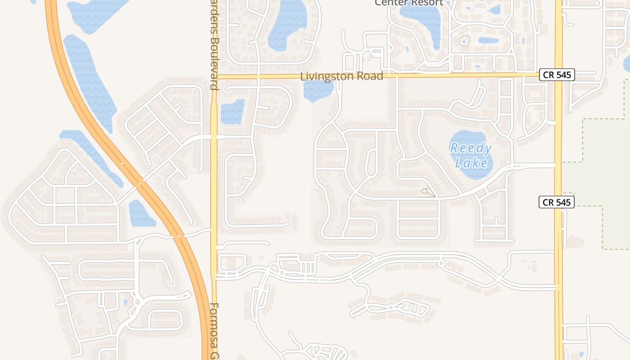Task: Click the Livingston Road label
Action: tap(342, 76)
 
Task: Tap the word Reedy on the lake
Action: tap(471, 148)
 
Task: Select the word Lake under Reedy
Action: tap(471, 162)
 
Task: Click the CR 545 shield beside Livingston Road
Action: tap(557, 75)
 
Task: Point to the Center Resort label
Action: tap(409, 3)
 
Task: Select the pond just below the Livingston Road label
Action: tap(319, 90)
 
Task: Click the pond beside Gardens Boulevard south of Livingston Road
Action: tap(232, 112)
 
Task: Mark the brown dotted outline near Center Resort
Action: tap(464, 41)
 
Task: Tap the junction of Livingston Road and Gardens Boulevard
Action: tap(214, 76)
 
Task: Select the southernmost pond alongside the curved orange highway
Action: tap(141, 214)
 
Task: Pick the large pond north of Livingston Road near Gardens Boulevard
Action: tap(287, 25)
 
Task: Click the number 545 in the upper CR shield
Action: tap(563, 75)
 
